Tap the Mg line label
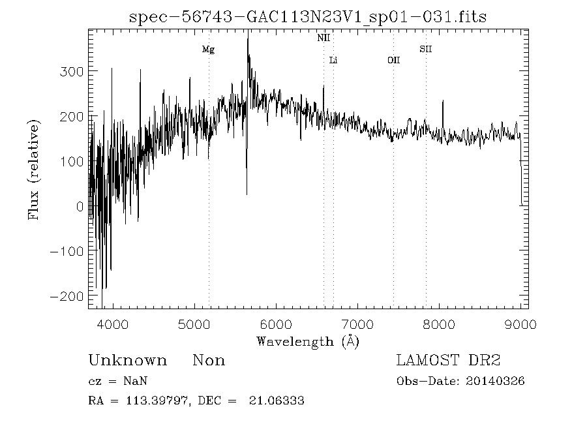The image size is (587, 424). tap(208, 50)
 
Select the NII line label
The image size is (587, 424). tap(324, 38)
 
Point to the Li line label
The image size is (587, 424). tap(333, 61)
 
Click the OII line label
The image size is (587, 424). tap(393, 61)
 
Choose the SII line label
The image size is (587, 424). tap(426, 49)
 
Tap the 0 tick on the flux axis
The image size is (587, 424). tap(80, 206)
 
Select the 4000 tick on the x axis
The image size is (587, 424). tap(113, 324)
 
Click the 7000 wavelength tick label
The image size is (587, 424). tap(357, 324)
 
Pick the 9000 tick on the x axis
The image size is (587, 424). tap(520, 324)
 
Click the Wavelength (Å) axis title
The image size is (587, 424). tap(308, 341)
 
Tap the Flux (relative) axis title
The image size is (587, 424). tap(35, 169)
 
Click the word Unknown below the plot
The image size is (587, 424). tap(127, 361)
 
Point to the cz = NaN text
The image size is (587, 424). tap(113, 382)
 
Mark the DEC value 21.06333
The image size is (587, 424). tap(277, 401)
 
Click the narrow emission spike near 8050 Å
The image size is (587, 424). tap(443, 102)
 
